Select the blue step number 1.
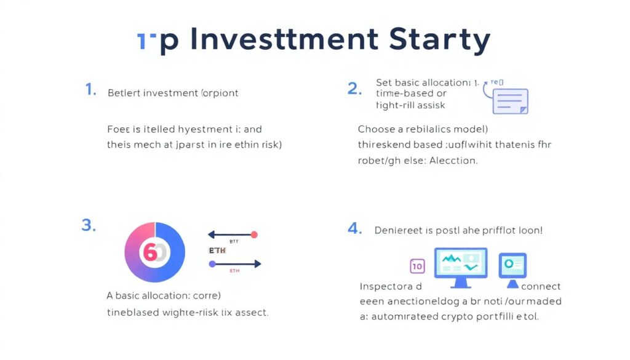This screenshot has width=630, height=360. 90,90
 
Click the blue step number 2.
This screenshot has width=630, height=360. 354,89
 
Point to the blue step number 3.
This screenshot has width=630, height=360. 89,225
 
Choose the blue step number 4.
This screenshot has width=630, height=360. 354,229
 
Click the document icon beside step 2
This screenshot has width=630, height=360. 510,101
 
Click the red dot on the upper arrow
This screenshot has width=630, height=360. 255,234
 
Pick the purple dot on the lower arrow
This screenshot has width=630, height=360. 212,263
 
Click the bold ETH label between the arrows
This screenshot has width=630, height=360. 218,251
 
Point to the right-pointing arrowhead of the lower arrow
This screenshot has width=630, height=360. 258,263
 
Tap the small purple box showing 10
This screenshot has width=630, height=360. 417,266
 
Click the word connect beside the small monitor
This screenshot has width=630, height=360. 541,286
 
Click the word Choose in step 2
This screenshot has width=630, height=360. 376,129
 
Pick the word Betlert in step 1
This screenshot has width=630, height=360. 124,94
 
